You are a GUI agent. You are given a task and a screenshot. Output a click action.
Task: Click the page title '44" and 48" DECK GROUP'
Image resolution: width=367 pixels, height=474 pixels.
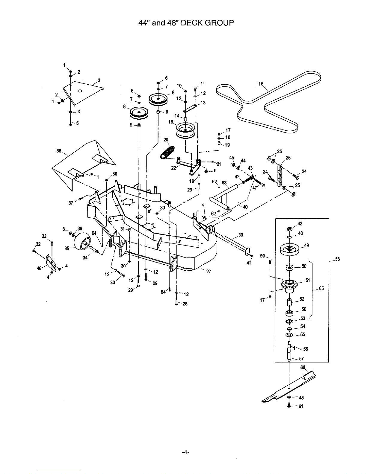[x=186, y=23]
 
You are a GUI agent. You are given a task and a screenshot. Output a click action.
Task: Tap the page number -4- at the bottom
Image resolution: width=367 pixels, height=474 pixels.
[x=185, y=452]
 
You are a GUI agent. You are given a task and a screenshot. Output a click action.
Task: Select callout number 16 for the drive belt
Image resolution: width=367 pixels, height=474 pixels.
[x=261, y=84]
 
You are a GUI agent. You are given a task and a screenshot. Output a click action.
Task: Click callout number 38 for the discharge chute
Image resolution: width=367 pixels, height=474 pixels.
[x=59, y=151]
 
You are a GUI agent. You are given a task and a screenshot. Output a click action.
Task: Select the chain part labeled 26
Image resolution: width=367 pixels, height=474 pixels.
[x=280, y=176]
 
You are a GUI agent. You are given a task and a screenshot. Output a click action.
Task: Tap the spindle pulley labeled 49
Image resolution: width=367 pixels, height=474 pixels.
[x=289, y=249]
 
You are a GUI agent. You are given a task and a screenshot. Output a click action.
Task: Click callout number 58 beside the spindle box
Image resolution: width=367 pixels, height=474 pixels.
[x=338, y=259]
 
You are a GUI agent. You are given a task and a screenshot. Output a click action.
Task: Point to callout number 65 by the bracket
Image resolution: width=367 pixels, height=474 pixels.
[x=321, y=288]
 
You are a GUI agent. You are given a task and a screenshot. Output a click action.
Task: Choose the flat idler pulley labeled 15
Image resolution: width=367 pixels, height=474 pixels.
[x=185, y=131]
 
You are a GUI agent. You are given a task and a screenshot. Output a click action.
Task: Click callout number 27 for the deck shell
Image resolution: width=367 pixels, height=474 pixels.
[x=209, y=272]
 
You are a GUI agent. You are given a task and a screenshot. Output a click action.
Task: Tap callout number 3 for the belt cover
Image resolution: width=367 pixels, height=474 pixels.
[x=99, y=80]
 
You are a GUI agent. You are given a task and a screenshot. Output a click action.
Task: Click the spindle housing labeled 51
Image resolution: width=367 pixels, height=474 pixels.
[x=289, y=285]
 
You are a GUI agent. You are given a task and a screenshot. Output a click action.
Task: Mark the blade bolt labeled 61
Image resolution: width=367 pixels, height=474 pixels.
[x=289, y=406]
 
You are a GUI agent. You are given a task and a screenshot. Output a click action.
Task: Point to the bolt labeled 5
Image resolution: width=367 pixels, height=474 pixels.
[x=70, y=121]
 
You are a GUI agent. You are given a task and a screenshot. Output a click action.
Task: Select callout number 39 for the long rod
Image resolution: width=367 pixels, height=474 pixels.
[x=241, y=235]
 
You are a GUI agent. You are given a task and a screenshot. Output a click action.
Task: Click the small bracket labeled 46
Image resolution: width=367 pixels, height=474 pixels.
[x=51, y=263]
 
